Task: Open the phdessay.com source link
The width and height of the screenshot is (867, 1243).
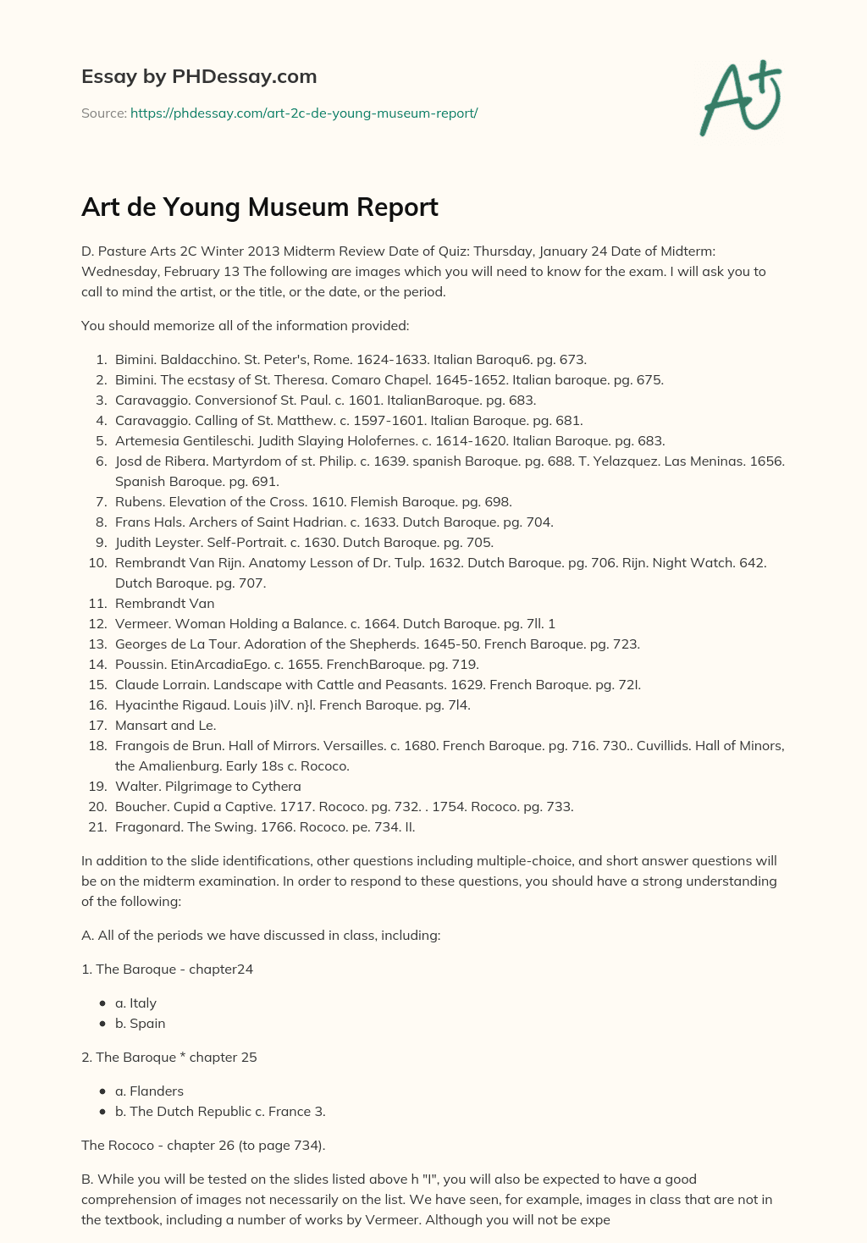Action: [304, 113]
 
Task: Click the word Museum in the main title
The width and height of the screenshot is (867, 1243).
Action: [301, 207]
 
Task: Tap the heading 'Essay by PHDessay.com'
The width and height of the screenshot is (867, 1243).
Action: [199, 76]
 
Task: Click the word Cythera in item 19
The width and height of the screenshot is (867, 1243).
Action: [276, 786]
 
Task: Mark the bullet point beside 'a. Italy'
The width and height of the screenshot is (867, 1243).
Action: [102, 1003]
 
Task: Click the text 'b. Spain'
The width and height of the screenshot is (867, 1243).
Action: [141, 1023]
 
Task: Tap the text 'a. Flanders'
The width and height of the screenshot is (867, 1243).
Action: [149, 1091]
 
